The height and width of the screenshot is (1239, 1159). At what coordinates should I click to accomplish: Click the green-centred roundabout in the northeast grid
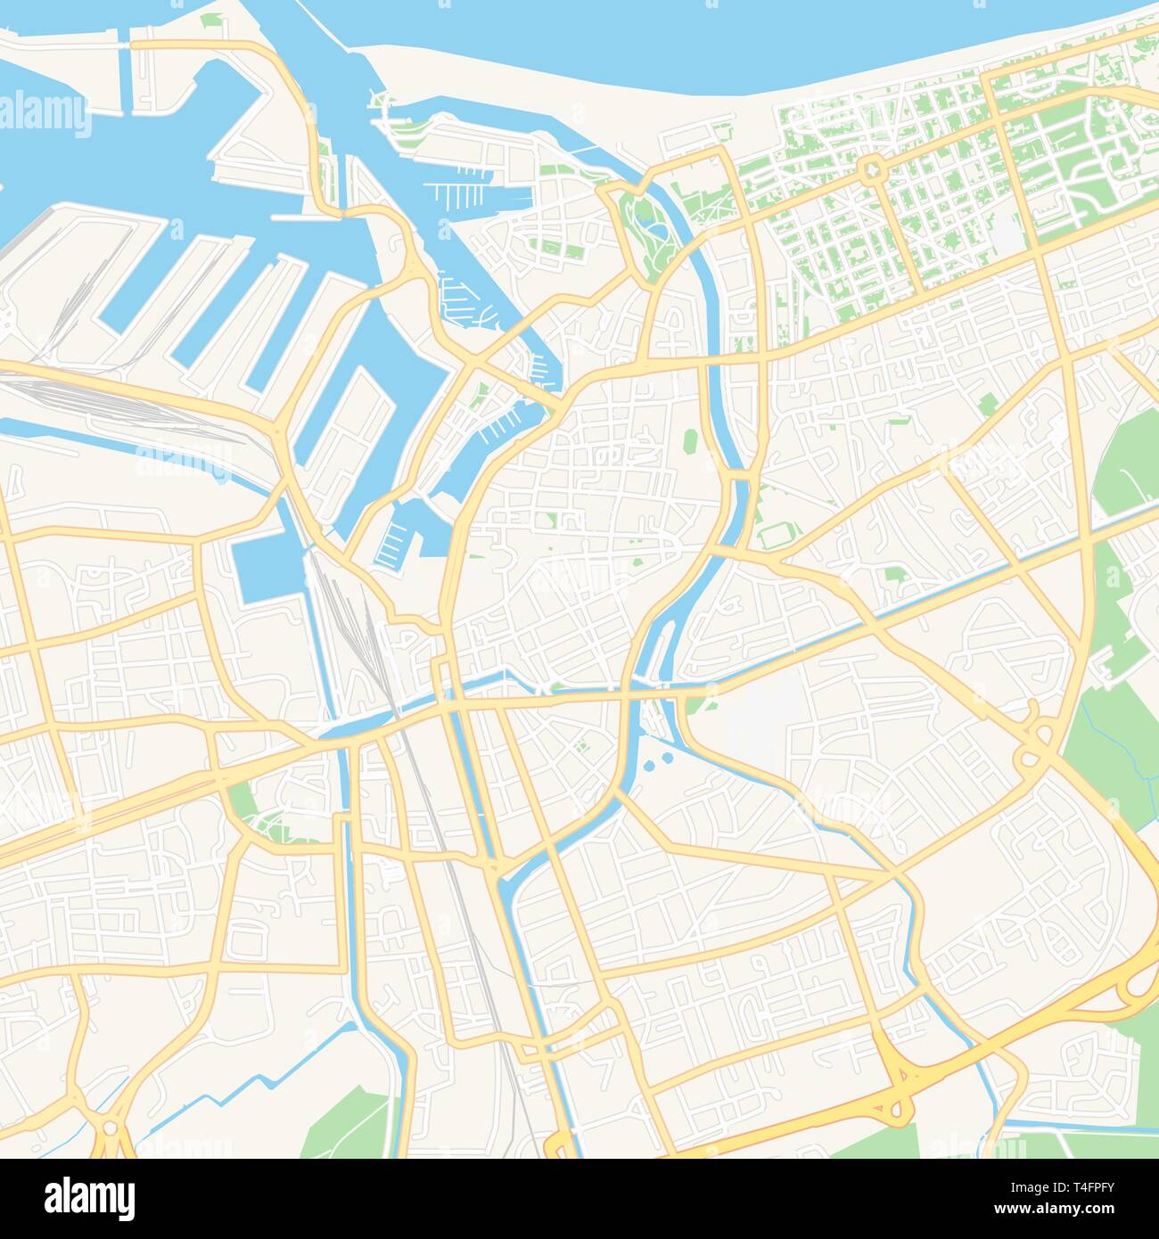point(872,168)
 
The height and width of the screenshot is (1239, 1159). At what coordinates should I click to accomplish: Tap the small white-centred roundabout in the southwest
point(110,1128)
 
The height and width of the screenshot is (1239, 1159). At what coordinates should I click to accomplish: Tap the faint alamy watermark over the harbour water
point(45,116)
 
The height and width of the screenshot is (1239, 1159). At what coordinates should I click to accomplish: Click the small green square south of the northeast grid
point(986,406)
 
